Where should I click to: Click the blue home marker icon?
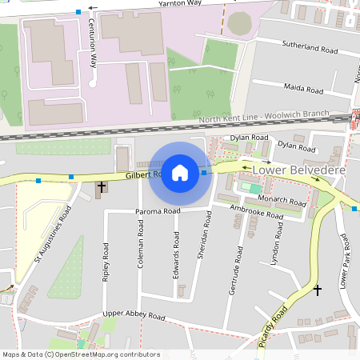tap(180, 172)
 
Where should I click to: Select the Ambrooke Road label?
tap(255, 212)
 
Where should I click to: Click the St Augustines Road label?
tap(54, 233)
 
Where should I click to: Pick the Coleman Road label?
tap(141, 244)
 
